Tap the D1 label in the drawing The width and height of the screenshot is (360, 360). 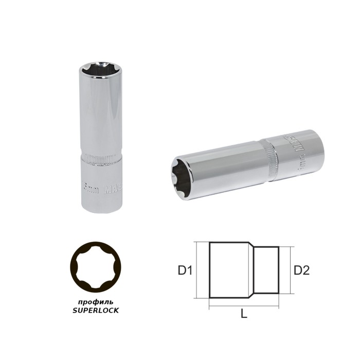185,269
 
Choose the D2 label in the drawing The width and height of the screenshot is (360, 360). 302,269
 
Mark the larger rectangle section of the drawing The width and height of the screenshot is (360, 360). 230,269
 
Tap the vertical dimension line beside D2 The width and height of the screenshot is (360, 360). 291,269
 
